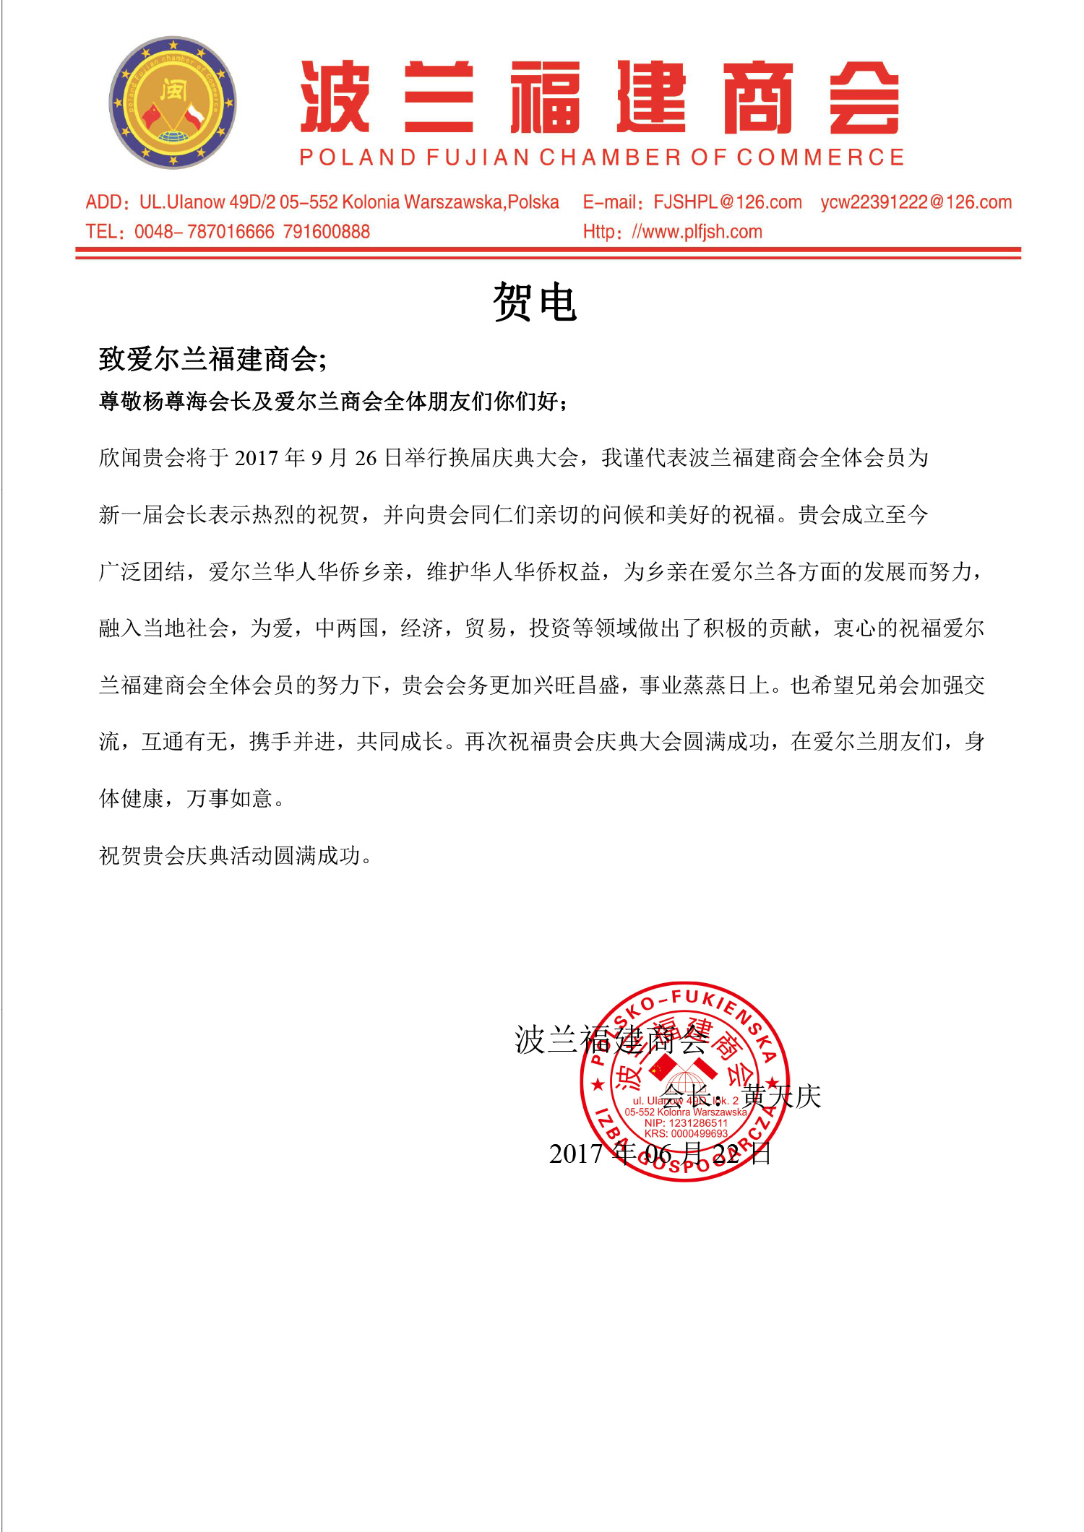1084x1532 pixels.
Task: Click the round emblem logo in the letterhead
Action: (x=172, y=103)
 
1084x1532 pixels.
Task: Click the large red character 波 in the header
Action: (x=335, y=97)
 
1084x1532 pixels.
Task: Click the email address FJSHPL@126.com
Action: (x=727, y=202)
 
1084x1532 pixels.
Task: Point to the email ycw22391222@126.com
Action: (x=916, y=202)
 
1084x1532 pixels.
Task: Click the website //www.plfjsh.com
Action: (x=697, y=232)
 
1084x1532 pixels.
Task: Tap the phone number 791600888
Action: (x=327, y=232)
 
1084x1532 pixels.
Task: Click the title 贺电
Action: (x=535, y=301)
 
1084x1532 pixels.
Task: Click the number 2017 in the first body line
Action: (x=257, y=458)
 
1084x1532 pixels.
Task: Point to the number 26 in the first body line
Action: (x=366, y=458)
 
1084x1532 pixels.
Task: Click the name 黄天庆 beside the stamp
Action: (x=782, y=1096)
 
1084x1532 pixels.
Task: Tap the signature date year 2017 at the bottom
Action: (x=575, y=1154)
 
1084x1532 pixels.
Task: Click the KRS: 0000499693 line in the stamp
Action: (x=686, y=1133)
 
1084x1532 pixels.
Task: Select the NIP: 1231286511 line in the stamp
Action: (x=686, y=1122)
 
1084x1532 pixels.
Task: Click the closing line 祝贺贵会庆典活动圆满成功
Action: (x=235, y=856)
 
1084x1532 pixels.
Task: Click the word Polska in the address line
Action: (x=533, y=202)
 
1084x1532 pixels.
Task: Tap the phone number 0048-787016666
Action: (x=205, y=232)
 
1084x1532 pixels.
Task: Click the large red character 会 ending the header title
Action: (x=864, y=97)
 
